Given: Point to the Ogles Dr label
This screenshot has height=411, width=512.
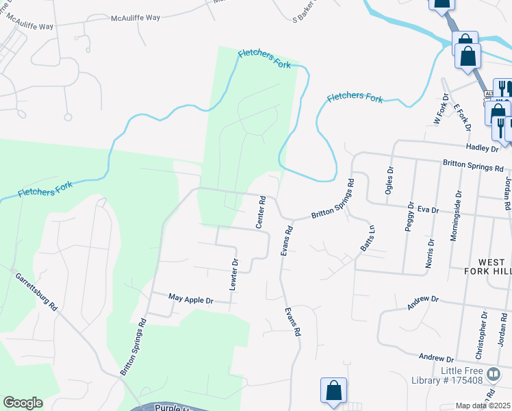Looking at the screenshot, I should (x=389, y=181).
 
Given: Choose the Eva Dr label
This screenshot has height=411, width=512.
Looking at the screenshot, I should (x=427, y=210).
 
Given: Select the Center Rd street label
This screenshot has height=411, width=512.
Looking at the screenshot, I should (x=261, y=212).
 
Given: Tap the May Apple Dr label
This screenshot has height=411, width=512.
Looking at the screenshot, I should (x=191, y=299).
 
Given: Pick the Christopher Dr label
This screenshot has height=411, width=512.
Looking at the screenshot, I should (x=483, y=336).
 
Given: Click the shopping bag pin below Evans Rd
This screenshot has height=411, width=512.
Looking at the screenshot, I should (x=333, y=391).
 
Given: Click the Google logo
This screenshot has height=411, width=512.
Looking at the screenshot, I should (x=23, y=403).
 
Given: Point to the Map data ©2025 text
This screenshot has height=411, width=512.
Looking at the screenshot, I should (x=483, y=406).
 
